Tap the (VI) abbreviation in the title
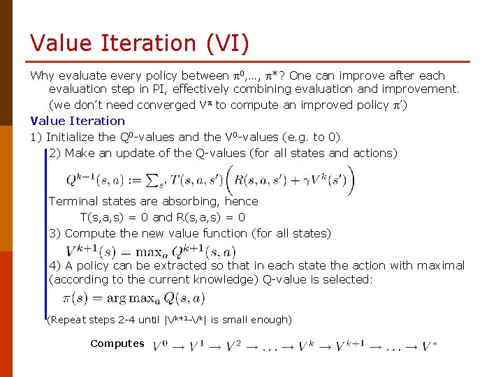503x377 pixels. point(226,43)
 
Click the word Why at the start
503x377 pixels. point(43,75)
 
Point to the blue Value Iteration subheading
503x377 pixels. point(77,121)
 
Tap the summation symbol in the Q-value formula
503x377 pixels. point(152,181)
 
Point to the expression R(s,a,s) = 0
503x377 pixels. point(210,217)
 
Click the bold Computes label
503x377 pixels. point(117,343)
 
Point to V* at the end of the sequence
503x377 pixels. point(430,346)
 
